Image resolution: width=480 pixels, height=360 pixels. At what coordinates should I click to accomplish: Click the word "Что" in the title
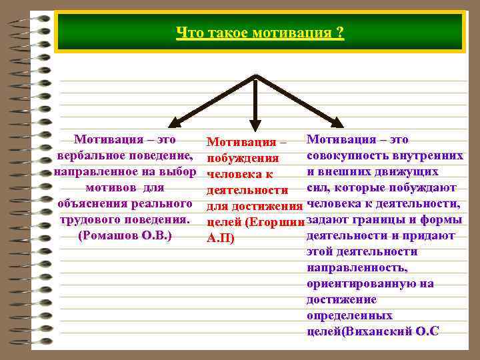point(188,33)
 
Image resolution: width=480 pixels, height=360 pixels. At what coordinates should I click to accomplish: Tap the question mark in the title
point(340,33)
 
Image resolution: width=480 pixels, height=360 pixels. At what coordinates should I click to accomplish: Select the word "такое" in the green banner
point(227,33)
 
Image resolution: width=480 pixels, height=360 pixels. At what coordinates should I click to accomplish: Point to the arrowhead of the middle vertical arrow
point(255,127)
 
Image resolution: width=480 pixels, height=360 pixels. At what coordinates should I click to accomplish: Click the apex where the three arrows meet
point(255,77)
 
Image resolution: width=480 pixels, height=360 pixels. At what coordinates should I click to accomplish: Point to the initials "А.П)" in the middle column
point(221,238)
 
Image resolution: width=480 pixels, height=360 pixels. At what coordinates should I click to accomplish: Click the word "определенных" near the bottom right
point(349,315)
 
